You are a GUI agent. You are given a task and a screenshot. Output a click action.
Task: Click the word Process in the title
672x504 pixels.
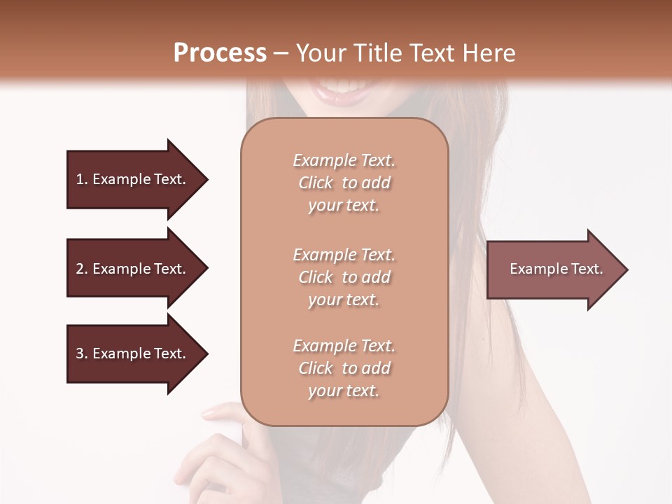coord(220,53)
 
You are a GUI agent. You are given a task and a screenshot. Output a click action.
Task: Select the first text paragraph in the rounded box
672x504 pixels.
coord(344,183)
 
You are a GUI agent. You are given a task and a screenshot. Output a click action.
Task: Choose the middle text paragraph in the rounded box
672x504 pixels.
coord(344,277)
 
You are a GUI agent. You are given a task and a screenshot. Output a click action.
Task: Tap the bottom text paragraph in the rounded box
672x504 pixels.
coord(344,368)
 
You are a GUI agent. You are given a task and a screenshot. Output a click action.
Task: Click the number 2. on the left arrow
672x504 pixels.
coord(82,269)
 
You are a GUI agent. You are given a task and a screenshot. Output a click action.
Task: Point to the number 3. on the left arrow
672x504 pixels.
coord(82,353)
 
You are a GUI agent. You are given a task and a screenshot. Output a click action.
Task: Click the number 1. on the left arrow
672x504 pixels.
coord(81,179)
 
